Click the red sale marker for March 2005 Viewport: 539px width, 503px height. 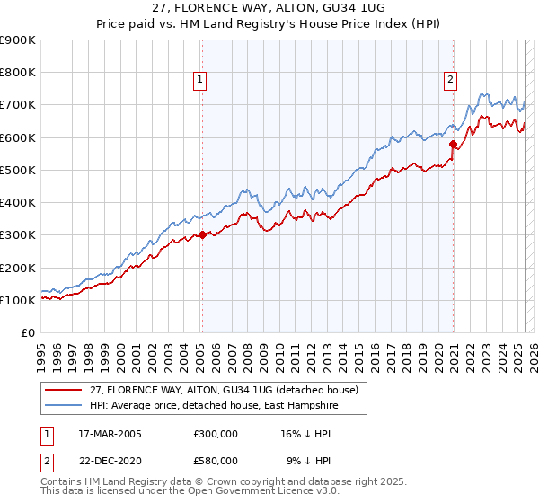coord(202,235)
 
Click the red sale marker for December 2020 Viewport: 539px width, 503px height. coord(453,144)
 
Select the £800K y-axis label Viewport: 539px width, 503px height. coord(18,73)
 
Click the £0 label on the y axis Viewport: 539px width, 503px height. coord(27,332)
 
